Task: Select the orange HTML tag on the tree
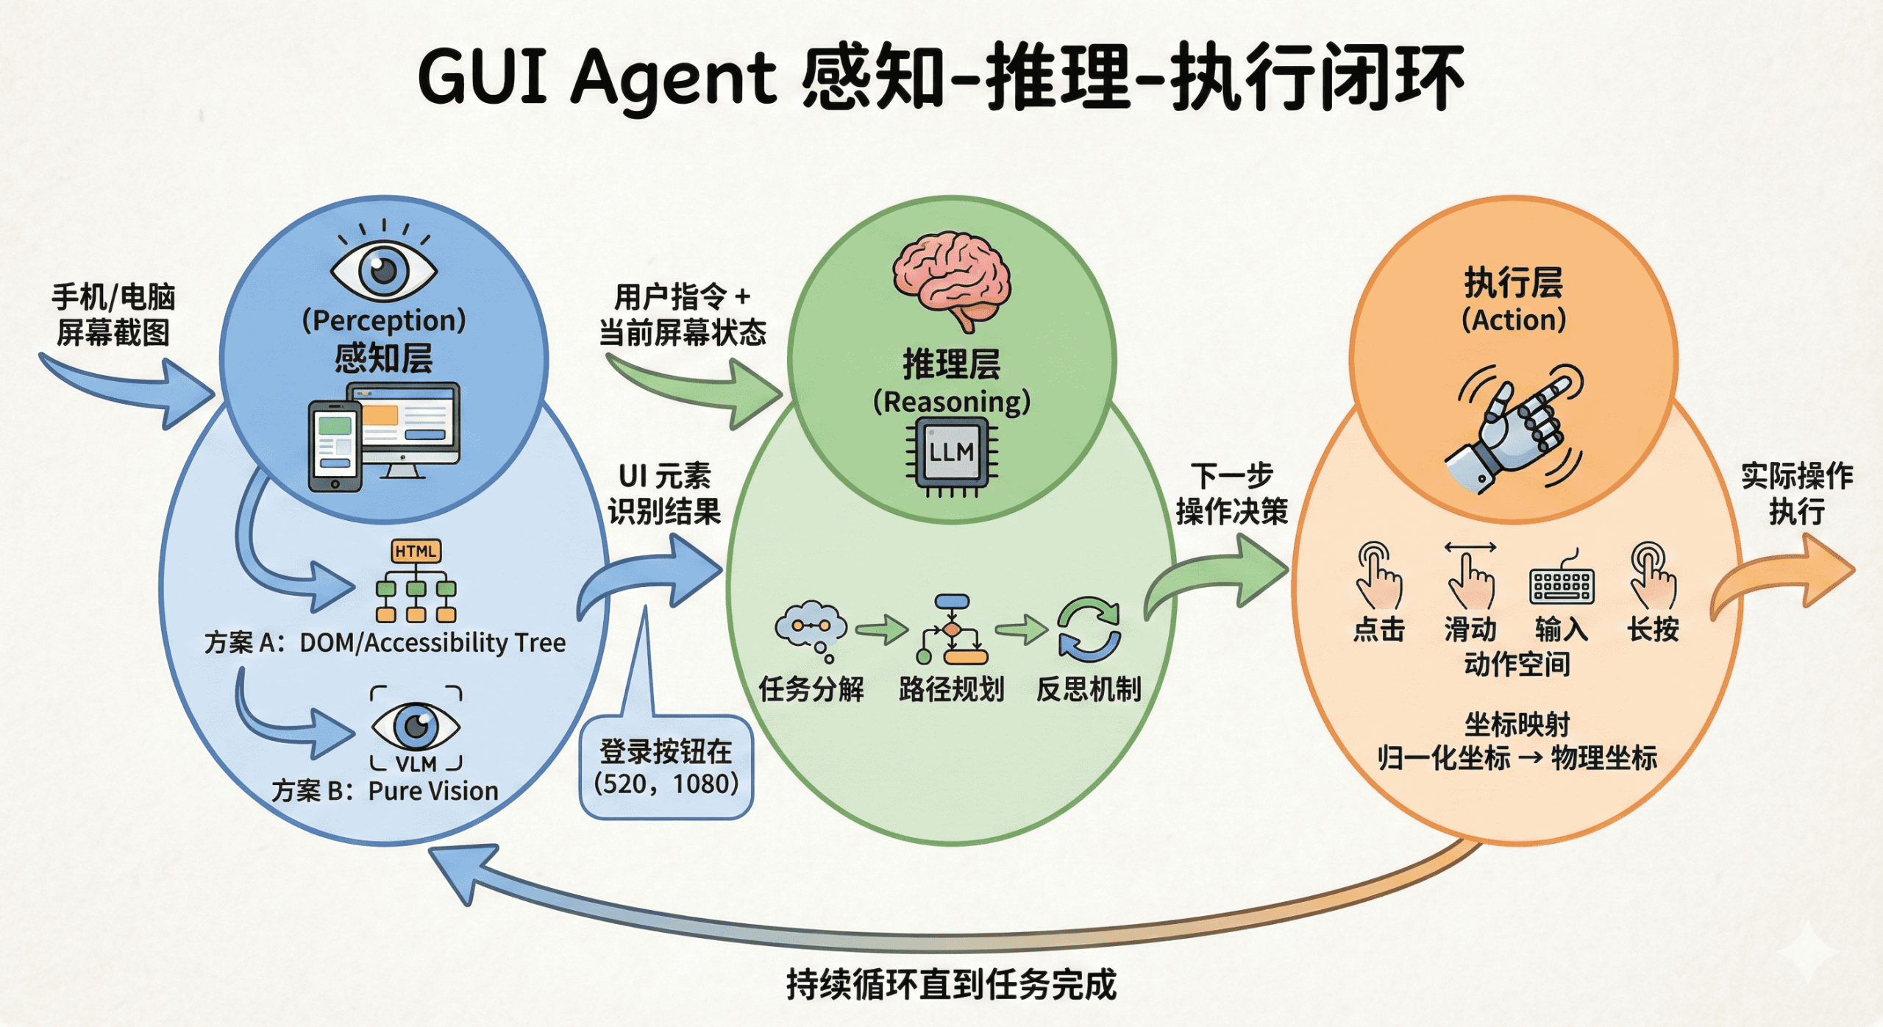tap(416, 552)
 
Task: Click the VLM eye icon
tap(416, 727)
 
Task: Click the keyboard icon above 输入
tap(1561, 585)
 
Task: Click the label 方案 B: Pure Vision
tap(385, 792)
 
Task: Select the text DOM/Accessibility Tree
tap(433, 643)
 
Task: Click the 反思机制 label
tap(1089, 690)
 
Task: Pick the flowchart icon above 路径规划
tap(952, 629)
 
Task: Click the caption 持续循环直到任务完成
tap(951, 984)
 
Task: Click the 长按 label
tap(1653, 630)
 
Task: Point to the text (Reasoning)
tap(952, 402)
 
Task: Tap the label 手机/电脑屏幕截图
tap(113, 315)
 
